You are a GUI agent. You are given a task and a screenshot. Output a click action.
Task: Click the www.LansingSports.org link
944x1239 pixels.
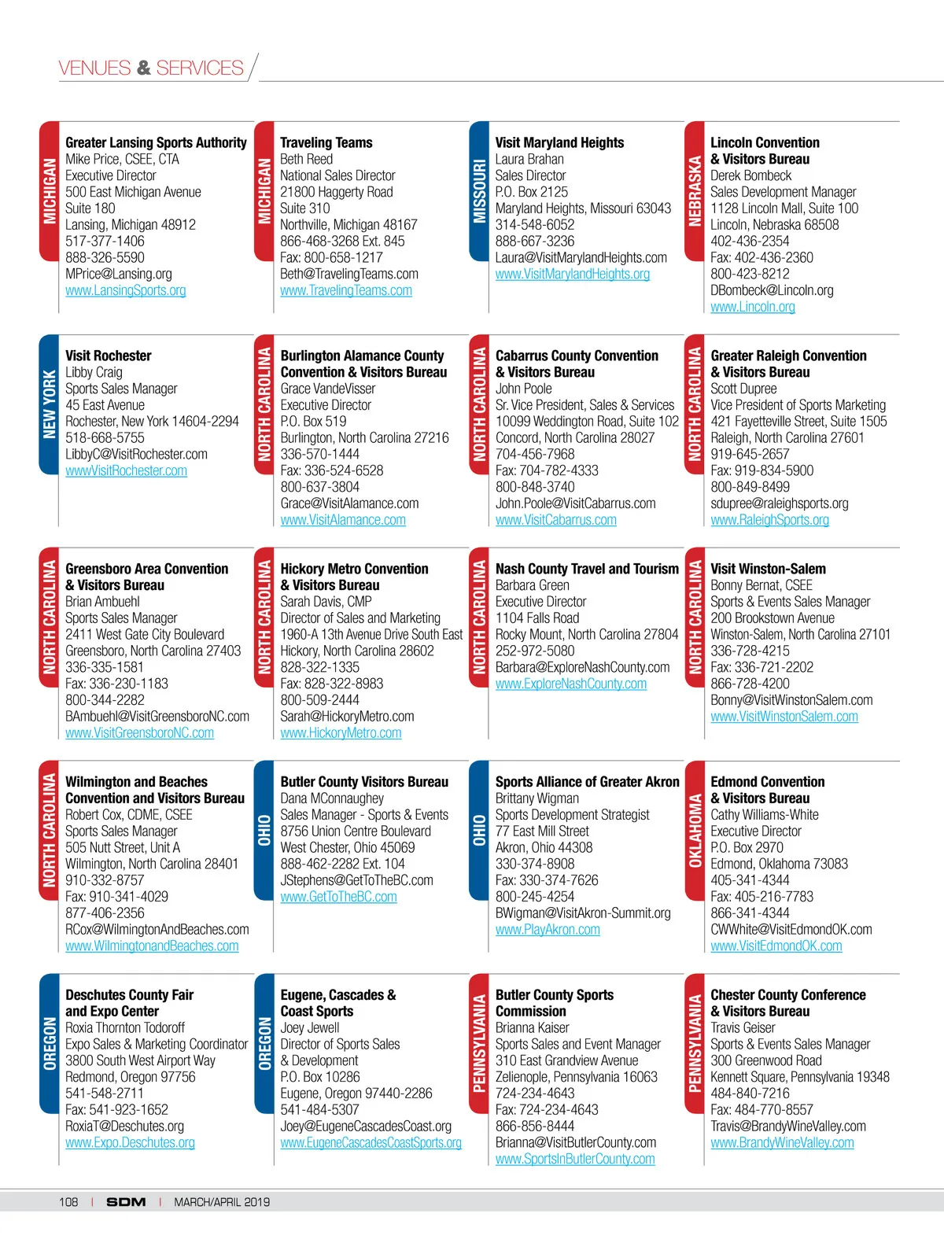tap(126, 290)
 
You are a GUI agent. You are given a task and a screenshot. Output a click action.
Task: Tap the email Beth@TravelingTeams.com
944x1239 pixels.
tap(349, 274)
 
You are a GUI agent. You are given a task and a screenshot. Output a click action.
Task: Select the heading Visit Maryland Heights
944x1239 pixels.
tap(559, 142)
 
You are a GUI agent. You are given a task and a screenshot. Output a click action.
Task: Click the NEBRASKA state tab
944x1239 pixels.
tap(695, 191)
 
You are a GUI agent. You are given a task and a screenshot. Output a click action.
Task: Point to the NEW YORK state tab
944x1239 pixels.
tap(50, 404)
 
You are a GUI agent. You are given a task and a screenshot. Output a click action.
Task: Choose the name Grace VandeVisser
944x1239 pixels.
tap(328, 389)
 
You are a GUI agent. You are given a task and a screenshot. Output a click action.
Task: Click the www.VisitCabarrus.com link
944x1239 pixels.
tap(556, 520)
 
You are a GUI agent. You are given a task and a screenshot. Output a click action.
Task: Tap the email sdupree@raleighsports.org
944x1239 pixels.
tap(780, 503)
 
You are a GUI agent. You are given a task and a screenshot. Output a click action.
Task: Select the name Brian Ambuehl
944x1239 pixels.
tap(102, 602)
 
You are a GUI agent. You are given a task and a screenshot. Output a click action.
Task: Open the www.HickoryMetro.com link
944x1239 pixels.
tap(341, 733)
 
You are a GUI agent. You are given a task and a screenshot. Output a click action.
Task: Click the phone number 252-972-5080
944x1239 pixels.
tap(535, 651)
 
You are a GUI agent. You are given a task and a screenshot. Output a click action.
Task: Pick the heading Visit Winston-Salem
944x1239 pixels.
tap(768, 569)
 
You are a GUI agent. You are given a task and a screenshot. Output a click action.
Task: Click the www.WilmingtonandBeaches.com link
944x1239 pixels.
tap(152, 946)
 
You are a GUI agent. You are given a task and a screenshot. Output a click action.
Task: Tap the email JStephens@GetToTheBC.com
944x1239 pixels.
tap(356, 880)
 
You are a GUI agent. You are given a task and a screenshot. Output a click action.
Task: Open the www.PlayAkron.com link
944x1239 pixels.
tap(548, 930)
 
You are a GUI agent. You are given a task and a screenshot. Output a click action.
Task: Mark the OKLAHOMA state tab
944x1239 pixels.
tap(695, 830)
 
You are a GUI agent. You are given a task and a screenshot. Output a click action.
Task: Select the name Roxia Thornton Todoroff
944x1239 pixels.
tap(125, 1027)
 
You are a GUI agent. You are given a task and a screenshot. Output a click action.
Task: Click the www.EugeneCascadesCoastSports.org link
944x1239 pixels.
tap(371, 1143)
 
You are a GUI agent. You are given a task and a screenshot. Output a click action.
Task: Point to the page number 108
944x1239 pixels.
tap(68, 1202)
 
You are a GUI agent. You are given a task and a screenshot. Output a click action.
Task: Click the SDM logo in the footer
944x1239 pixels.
tap(126, 1202)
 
